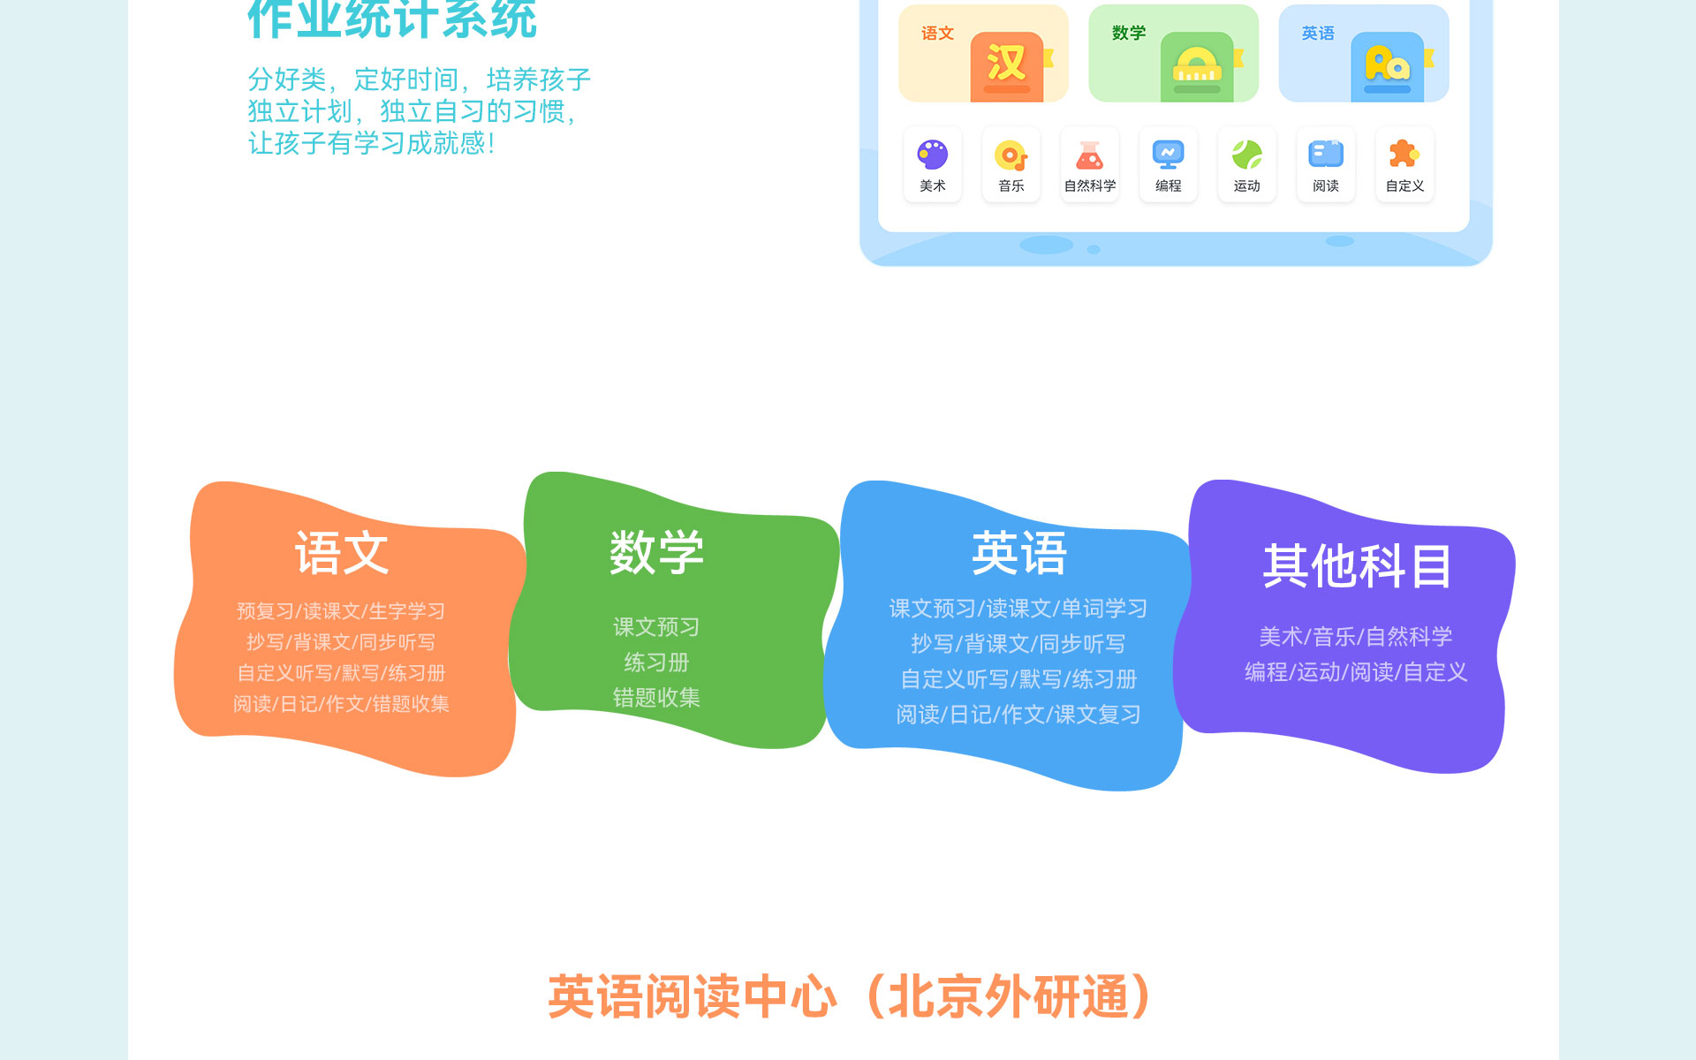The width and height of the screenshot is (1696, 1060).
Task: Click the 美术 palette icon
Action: (932, 155)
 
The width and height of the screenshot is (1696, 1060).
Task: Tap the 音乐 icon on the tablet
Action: (1011, 155)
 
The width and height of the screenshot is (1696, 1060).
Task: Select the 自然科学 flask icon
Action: (1089, 155)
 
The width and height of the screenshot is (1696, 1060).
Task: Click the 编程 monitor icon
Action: (1168, 155)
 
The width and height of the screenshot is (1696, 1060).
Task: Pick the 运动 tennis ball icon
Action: (1246, 155)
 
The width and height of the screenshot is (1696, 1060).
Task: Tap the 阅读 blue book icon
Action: (1326, 154)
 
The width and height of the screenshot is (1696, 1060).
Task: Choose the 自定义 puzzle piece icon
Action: (1404, 154)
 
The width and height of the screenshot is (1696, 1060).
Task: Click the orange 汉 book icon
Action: (1008, 67)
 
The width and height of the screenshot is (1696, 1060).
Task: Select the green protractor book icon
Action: (1199, 67)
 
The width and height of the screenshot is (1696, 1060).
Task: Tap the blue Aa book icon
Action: (1389, 67)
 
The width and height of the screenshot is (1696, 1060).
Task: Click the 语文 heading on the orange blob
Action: (341, 554)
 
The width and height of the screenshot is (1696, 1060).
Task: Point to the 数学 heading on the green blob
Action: (656, 552)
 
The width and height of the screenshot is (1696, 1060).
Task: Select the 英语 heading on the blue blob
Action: (1019, 554)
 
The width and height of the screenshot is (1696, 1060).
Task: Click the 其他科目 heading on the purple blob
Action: (1357, 565)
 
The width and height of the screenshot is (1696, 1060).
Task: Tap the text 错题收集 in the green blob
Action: (656, 698)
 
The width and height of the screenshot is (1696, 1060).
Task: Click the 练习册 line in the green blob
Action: (656, 662)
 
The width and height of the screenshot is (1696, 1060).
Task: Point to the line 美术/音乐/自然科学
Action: (1356, 637)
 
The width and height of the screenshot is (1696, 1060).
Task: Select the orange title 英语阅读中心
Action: (692, 997)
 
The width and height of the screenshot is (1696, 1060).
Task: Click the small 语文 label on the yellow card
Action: (937, 34)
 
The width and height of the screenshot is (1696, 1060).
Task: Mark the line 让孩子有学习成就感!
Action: (371, 143)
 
